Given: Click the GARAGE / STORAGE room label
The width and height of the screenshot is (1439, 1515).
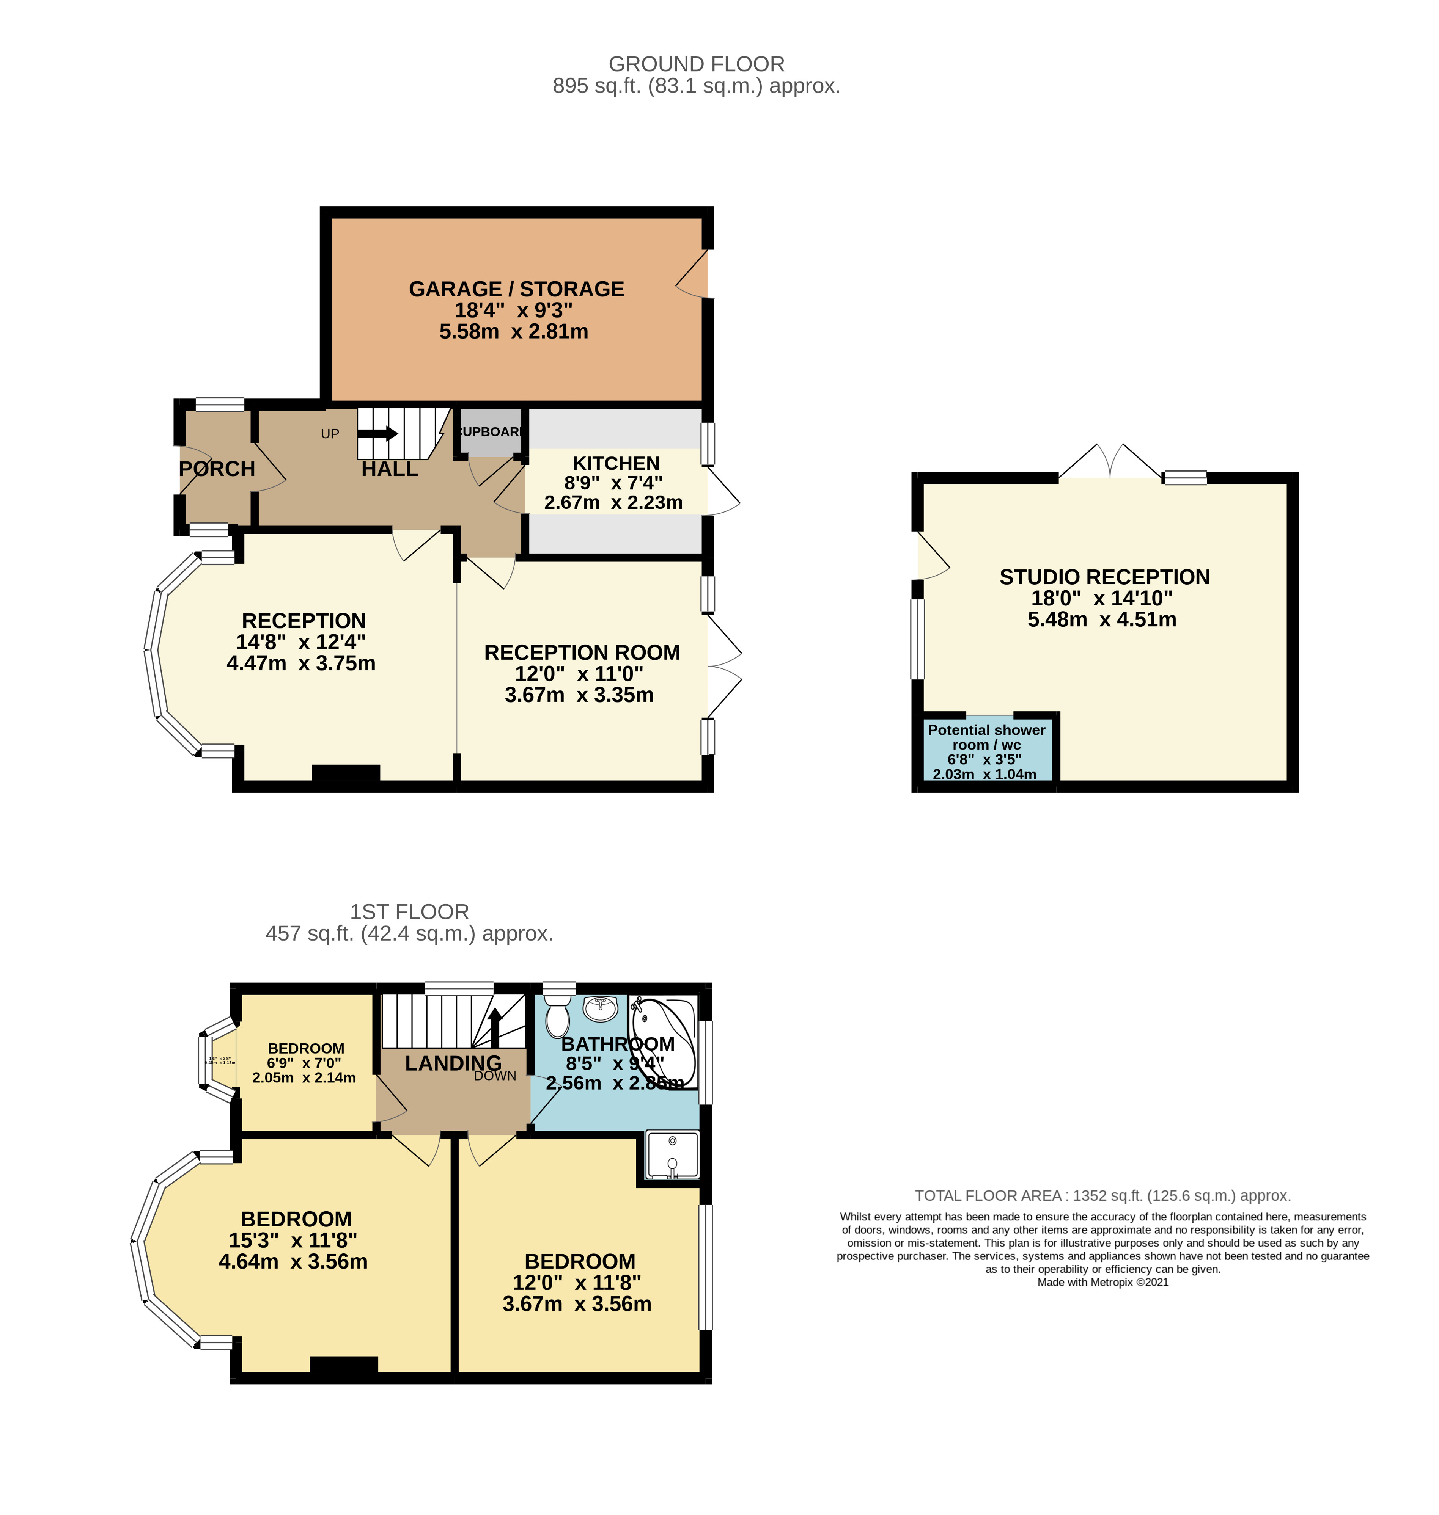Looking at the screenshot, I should (516, 289).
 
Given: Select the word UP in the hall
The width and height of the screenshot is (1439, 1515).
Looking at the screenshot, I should (330, 434).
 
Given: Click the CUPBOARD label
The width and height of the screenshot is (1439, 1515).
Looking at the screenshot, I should (491, 432).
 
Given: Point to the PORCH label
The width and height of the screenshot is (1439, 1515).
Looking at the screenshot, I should (217, 469).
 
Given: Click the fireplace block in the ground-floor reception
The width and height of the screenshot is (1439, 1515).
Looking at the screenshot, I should (346, 773).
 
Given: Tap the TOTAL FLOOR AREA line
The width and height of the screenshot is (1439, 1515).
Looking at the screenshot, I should (1102, 1195).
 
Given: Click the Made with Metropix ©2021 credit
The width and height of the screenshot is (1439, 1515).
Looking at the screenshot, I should (1102, 1282).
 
